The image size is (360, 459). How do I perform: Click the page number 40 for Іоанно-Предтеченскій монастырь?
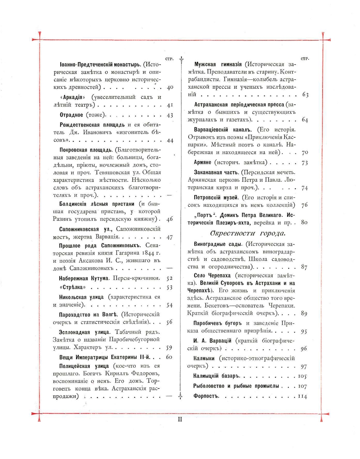(170, 88)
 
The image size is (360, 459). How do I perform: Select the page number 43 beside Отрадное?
(170, 115)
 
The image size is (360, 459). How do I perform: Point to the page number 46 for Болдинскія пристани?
(170, 219)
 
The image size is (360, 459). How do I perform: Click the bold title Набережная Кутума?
(84, 278)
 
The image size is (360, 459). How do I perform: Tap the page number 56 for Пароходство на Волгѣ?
(170, 322)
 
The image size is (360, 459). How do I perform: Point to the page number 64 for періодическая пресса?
(304, 120)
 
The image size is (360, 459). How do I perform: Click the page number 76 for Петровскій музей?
(304, 205)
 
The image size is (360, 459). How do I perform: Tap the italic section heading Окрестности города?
(248, 233)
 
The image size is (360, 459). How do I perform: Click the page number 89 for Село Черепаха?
(304, 314)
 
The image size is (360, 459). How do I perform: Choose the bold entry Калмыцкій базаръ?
(216, 377)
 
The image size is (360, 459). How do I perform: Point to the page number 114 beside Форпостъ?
(302, 396)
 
